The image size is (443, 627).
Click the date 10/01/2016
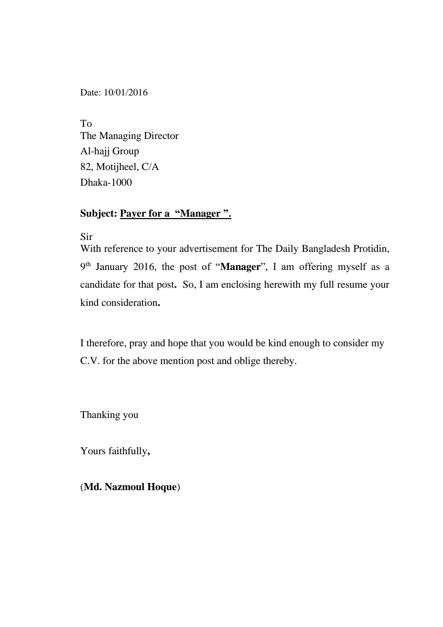[126, 93]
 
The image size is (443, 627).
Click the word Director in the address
[161, 136]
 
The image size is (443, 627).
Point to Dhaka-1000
[106, 183]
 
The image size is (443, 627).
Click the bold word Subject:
[98, 213]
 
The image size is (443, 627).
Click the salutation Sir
[86, 237]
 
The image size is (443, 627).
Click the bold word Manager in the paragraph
[240, 267]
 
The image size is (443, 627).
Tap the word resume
[350, 285]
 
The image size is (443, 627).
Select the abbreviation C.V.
[90, 361]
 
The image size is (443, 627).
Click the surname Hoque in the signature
[161, 487]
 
